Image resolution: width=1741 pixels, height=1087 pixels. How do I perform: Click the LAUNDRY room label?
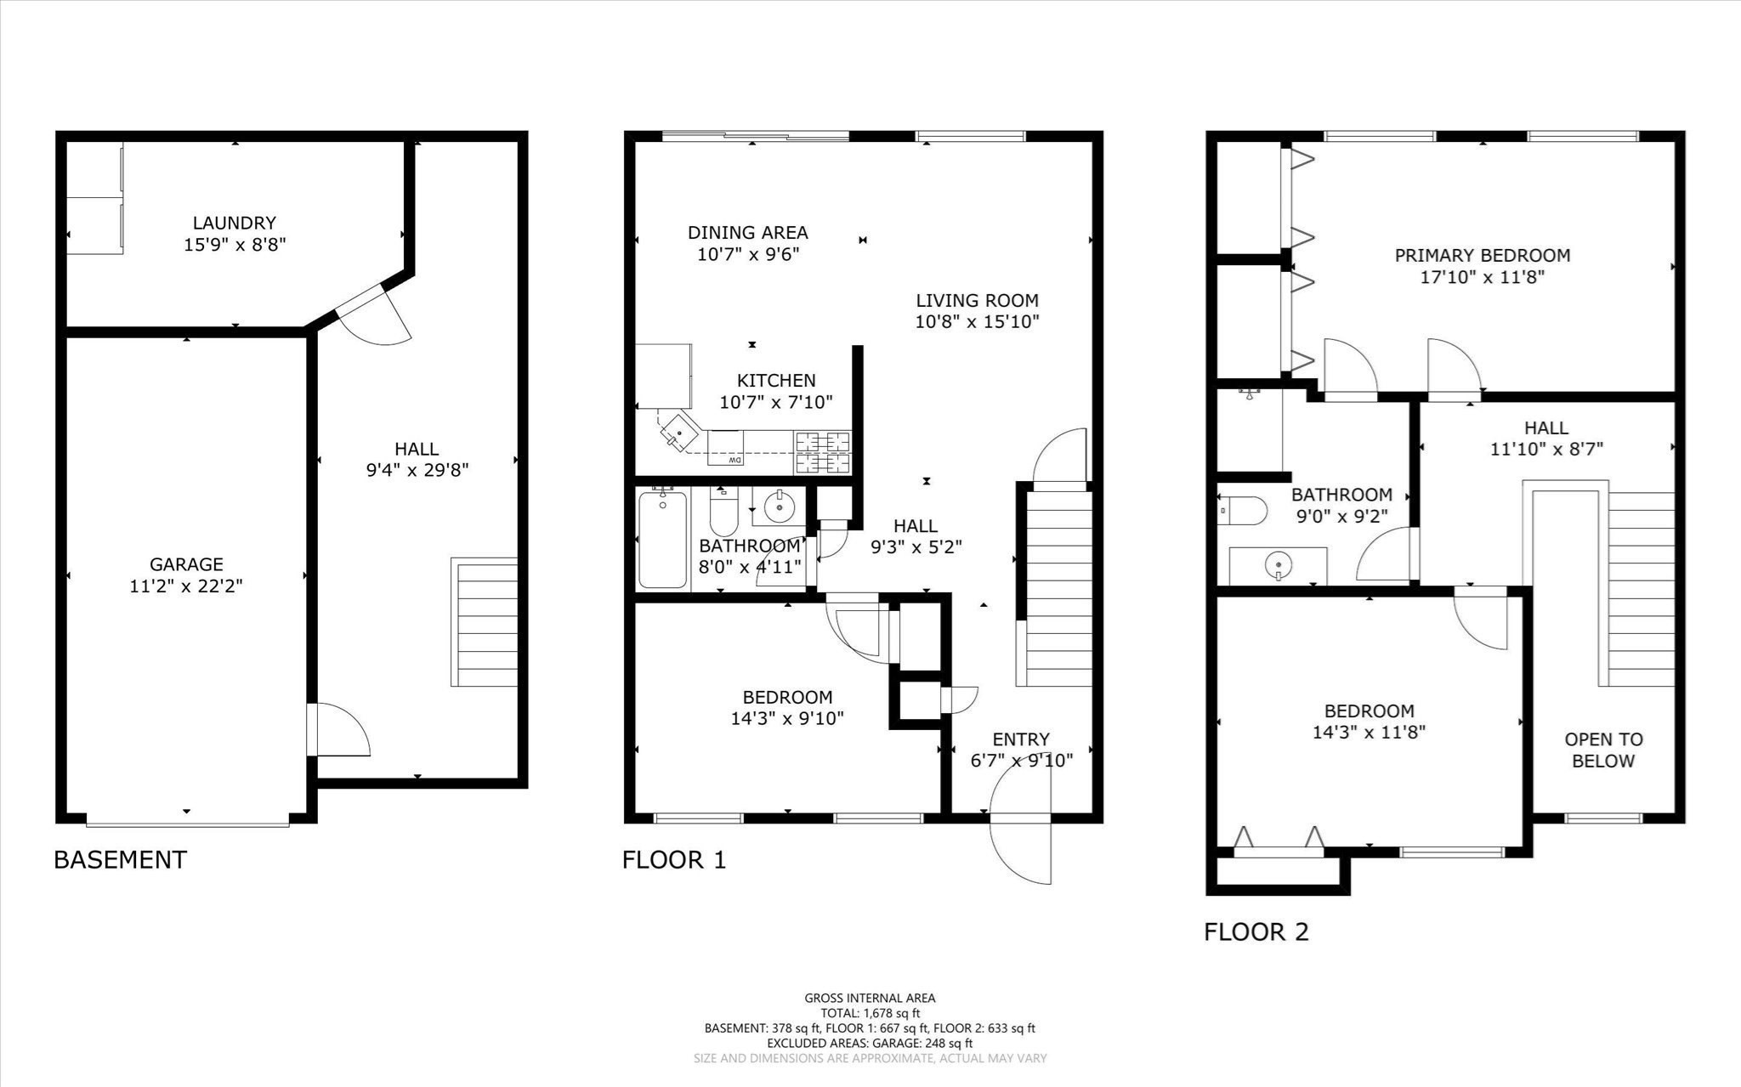click(234, 223)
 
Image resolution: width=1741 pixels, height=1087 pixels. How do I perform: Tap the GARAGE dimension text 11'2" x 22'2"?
click(186, 586)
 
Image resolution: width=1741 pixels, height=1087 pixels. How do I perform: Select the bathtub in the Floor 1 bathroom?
click(662, 539)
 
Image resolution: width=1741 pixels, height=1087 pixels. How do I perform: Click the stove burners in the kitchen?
click(822, 453)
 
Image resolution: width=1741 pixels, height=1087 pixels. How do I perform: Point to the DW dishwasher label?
click(735, 460)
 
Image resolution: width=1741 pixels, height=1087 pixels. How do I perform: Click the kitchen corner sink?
click(679, 433)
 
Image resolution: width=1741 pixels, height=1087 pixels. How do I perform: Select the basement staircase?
click(485, 622)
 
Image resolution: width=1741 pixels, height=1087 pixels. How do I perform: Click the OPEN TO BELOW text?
click(1603, 750)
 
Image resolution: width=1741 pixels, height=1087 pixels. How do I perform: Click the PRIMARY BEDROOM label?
click(1482, 255)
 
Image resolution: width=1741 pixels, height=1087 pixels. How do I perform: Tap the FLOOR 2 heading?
click(1256, 931)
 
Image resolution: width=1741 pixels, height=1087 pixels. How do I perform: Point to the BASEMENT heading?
click(120, 859)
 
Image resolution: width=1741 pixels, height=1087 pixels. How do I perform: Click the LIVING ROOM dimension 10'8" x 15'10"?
click(977, 322)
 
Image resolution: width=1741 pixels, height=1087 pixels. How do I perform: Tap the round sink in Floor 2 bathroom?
click(1277, 563)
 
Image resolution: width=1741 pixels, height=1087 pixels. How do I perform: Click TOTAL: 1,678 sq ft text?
click(870, 1013)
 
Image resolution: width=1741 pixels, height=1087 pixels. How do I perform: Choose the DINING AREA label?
click(747, 232)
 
